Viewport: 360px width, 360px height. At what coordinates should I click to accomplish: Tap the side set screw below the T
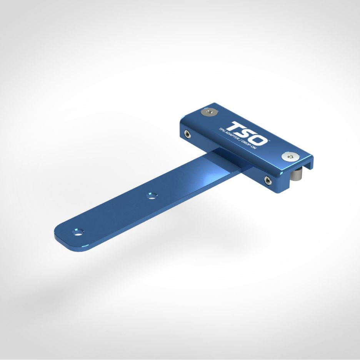[x=187, y=134]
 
